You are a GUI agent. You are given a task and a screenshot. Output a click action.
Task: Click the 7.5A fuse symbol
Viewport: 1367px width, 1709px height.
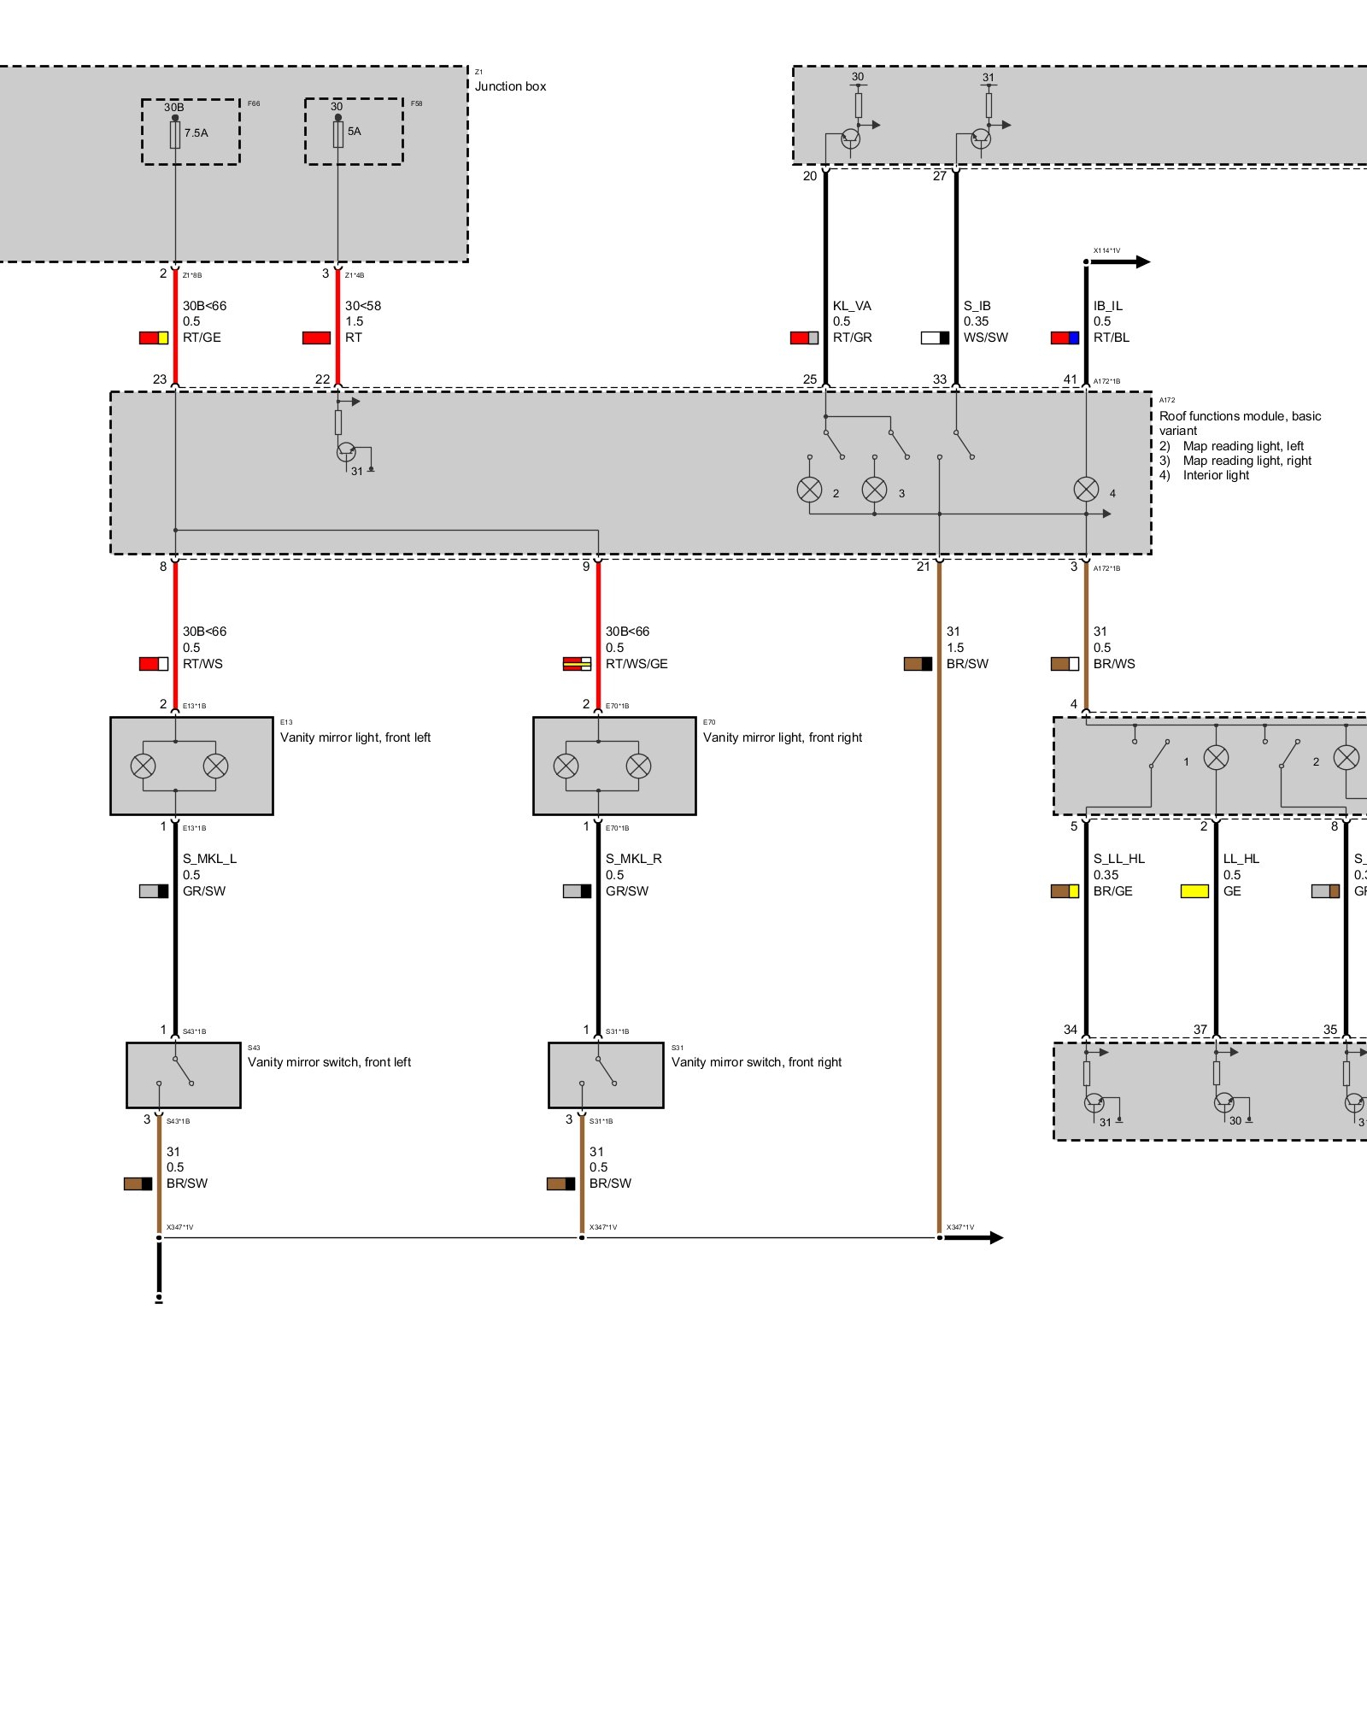(x=175, y=134)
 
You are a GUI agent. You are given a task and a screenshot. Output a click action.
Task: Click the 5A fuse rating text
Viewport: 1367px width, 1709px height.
(x=355, y=132)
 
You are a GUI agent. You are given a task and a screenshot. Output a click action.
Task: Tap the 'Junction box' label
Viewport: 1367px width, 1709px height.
(x=510, y=86)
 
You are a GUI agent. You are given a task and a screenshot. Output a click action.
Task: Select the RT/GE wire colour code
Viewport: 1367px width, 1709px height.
(x=202, y=338)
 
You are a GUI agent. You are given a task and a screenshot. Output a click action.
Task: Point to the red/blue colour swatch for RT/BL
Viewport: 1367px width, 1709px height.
(x=1065, y=338)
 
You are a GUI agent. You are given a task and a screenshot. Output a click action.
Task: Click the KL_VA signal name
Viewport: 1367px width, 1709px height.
(x=852, y=306)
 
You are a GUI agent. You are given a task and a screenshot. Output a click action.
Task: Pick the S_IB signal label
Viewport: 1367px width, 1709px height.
(x=977, y=306)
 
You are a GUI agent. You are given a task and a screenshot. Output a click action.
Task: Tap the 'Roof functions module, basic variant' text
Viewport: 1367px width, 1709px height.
(x=1240, y=423)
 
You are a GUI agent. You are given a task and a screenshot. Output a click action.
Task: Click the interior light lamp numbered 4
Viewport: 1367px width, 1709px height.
(x=1086, y=490)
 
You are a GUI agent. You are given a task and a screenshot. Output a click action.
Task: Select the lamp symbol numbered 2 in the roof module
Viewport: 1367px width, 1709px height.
(x=809, y=490)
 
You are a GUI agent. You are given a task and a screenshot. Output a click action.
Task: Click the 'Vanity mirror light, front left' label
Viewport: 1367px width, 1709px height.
(x=355, y=737)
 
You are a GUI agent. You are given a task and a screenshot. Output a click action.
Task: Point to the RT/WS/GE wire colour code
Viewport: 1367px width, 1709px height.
(x=637, y=664)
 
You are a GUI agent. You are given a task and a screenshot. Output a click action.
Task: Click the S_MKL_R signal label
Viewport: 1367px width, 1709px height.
(x=633, y=859)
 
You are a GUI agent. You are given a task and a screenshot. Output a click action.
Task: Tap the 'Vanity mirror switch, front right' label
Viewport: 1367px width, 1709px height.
(x=756, y=1062)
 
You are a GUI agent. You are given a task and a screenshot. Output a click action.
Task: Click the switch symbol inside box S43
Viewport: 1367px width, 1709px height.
(x=182, y=1071)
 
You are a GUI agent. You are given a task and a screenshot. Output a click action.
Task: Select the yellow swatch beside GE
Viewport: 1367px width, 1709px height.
(x=1194, y=891)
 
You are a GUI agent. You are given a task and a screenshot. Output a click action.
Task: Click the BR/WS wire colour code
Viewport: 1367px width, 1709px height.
(x=1114, y=664)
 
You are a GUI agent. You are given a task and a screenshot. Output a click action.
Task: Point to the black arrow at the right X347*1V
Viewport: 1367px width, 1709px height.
(x=983, y=1237)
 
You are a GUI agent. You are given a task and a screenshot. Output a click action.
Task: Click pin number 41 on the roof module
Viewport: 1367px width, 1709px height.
(x=1071, y=379)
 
